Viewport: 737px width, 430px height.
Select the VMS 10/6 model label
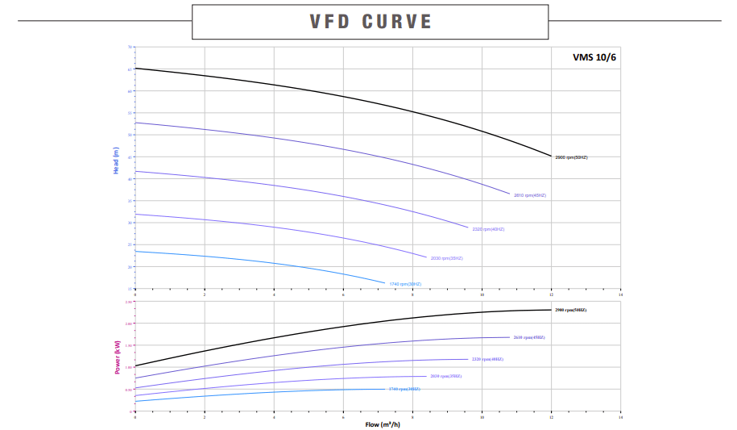tap(594, 57)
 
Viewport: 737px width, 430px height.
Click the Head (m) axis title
tap(116, 161)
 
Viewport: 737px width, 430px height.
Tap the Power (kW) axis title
tap(118, 356)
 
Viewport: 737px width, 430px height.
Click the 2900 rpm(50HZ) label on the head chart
tap(572, 157)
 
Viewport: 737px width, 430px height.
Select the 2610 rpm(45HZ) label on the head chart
tap(530, 195)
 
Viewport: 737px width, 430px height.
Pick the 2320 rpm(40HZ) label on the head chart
tap(488, 229)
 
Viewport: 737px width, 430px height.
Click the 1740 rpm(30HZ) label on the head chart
tap(405, 284)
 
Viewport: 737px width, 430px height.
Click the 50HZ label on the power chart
tap(570, 310)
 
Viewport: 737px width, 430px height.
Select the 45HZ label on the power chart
tap(528, 337)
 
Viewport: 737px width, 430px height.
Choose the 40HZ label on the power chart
tap(487, 359)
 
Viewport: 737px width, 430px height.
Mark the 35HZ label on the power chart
tap(445, 376)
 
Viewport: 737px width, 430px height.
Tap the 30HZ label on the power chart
tap(404, 389)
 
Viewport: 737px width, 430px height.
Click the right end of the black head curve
tap(552, 156)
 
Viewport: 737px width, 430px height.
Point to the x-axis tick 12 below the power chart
tap(551, 417)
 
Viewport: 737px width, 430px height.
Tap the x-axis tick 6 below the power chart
tap(343, 417)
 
